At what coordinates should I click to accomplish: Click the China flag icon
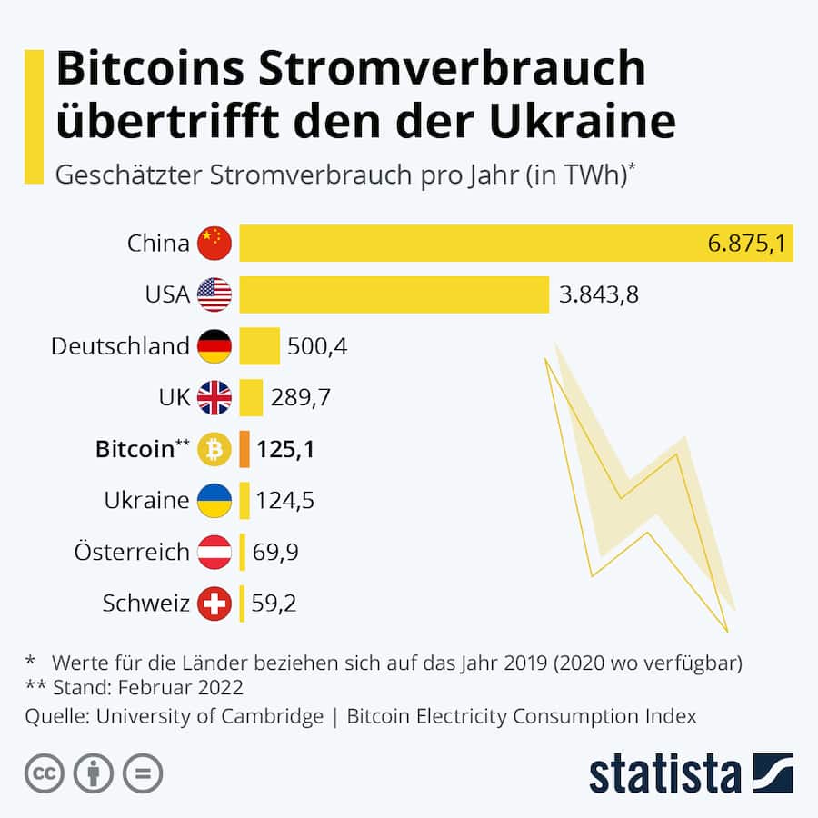tap(214, 243)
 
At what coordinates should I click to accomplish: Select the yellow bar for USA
tap(394, 294)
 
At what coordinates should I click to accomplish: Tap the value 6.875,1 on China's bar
tap(745, 243)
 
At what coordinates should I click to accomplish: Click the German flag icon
tap(214, 346)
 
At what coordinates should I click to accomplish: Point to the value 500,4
tap(317, 346)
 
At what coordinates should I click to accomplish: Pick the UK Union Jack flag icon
tap(214, 397)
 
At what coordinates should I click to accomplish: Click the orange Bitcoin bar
tap(244, 449)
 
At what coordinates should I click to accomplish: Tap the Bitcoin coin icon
tap(214, 449)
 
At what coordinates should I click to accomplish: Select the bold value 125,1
tap(285, 449)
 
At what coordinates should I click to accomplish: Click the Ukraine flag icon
tap(214, 501)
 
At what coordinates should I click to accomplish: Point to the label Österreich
tap(133, 552)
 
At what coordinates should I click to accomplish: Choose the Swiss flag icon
tap(214, 604)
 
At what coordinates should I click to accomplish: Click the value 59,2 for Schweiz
tap(274, 604)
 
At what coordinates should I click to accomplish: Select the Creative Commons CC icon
tap(44, 773)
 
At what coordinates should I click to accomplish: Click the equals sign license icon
tap(143, 773)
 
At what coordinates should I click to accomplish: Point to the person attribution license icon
tap(93, 773)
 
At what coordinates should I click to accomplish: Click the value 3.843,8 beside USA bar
tap(597, 294)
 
